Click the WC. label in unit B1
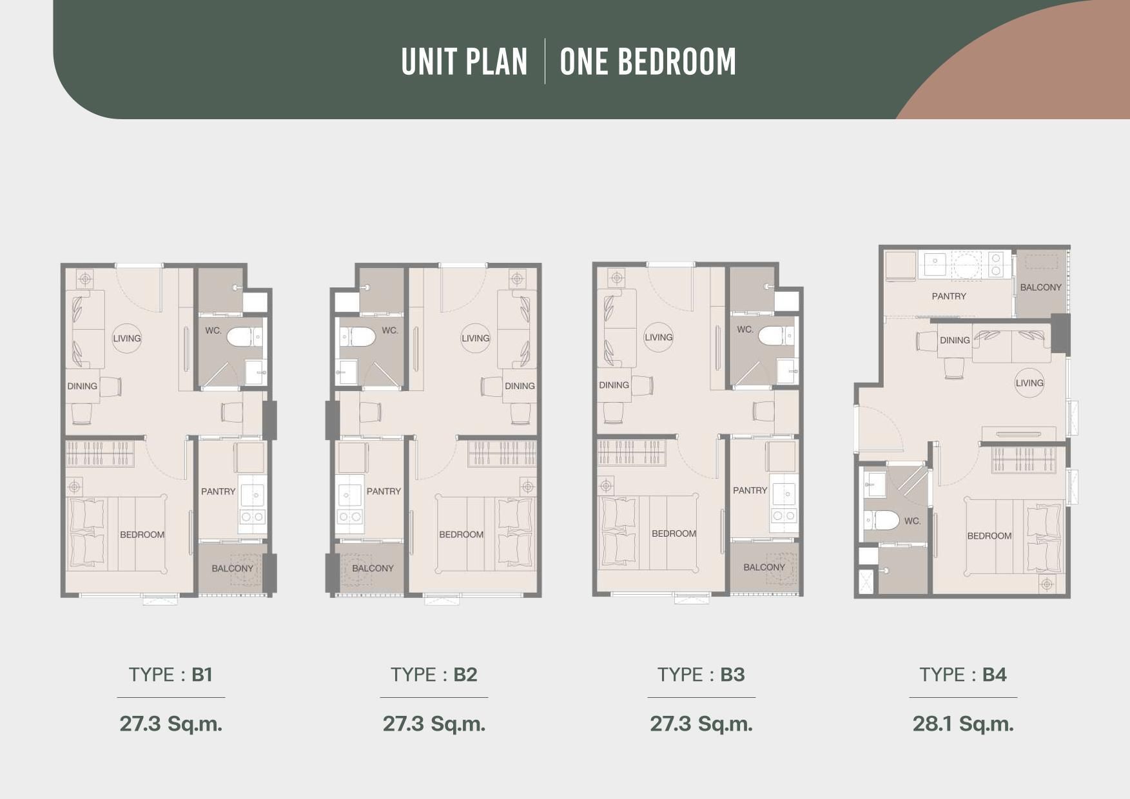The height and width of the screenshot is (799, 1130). pyautogui.click(x=213, y=331)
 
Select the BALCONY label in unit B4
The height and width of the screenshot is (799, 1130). pyautogui.click(x=1040, y=287)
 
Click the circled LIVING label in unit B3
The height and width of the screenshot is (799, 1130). pyautogui.click(x=659, y=337)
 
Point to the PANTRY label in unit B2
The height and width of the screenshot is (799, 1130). pyautogui.click(x=384, y=491)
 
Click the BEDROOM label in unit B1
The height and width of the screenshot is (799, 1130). pyautogui.click(x=142, y=534)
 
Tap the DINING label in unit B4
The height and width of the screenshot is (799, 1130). pyautogui.click(x=955, y=340)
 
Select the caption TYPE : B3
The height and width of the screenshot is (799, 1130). pyautogui.click(x=701, y=675)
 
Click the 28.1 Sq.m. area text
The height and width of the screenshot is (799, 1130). pyautogui.click(x=963, y=724)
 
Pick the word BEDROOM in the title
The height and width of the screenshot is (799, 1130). pyautogui.click(x=648, y=62)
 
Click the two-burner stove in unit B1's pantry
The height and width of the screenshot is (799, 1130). pyautogui.click(x=252, y=517)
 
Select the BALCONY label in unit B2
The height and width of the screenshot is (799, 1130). pyautogui.click(x=373, y=568)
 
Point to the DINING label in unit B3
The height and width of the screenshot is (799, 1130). pyautogui.click(x=614, y=385)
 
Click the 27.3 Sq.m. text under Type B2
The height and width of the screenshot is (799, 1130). pyautogui.click(x=434, y=724)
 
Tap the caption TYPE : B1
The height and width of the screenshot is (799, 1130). pyautogui.click(x=171, y=675)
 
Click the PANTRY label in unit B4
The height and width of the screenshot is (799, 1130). pyautogui.click(x=949, y=296)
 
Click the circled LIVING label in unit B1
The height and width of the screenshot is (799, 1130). pyautogui.click(x=127, y=338)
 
